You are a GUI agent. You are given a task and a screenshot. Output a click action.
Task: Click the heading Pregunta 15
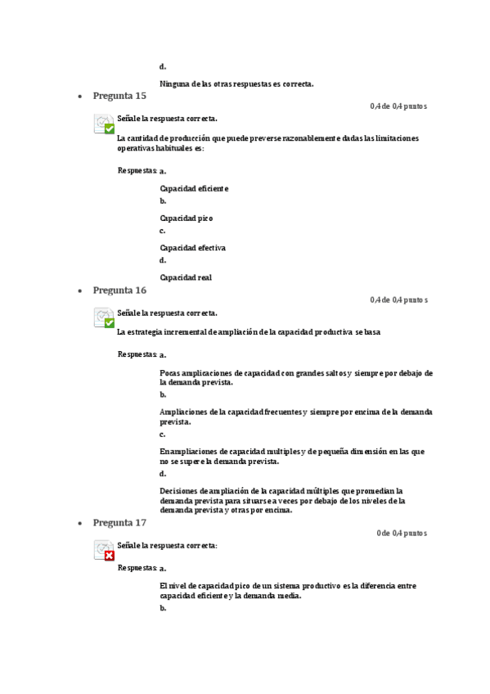click(x=119, y=96)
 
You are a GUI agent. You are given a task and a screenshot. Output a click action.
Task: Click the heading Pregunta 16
click(x=119, y=290)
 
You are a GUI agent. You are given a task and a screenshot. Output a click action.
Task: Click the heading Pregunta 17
click(x=119, y=522)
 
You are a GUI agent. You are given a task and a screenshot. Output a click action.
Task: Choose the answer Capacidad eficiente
click(x=194, y=188)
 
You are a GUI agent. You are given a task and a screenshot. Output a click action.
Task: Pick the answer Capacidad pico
click(x=186, y=219)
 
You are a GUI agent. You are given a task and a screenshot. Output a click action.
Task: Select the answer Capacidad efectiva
click(x=192, y=247)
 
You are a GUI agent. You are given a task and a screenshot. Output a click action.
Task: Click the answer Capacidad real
click(x=186, y=277)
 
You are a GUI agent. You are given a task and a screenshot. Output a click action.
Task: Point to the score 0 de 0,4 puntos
click(x=401, y=533)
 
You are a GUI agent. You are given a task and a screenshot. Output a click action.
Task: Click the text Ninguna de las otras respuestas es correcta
click(x=236, y=83)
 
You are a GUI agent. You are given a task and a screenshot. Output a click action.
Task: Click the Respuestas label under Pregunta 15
click(x=137, y=170)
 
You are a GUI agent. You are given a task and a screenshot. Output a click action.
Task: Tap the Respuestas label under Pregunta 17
click(x=137, y=567)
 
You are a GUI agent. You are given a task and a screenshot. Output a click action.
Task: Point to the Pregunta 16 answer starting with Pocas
click(x=296, y=377)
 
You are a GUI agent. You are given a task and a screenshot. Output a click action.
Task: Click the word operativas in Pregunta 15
click(x=139, y=148)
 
